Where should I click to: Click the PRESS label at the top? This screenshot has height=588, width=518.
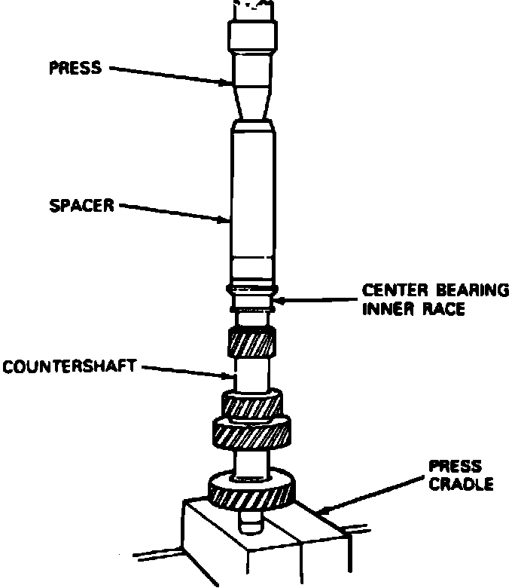[75, 69]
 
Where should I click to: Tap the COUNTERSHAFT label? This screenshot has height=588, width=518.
[69, 368]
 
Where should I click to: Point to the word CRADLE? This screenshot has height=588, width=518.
[461, 484]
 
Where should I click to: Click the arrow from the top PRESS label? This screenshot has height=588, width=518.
[169, 75]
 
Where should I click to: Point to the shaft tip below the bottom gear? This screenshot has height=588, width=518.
[251, 519]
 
